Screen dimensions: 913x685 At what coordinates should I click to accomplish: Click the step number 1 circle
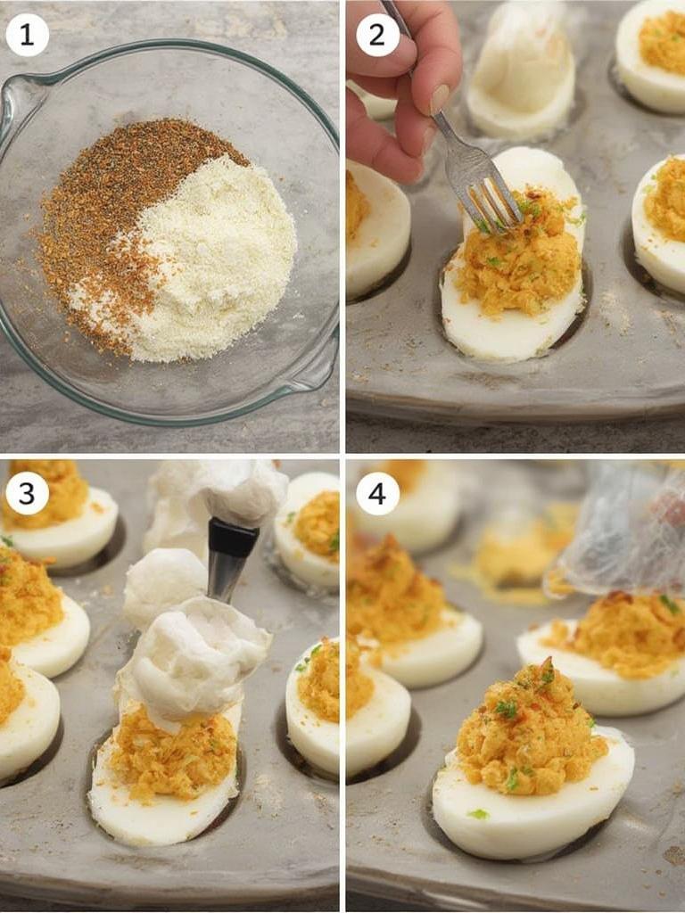[27, 36]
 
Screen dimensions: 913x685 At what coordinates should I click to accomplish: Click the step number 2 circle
[377, 36]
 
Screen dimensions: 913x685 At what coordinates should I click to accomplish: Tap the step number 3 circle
[27, 493]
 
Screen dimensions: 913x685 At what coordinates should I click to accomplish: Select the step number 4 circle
[377, 493]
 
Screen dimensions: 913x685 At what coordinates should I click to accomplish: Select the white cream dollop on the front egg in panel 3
[196, 660]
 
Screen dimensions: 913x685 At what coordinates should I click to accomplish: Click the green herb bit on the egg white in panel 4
[479, 814]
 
